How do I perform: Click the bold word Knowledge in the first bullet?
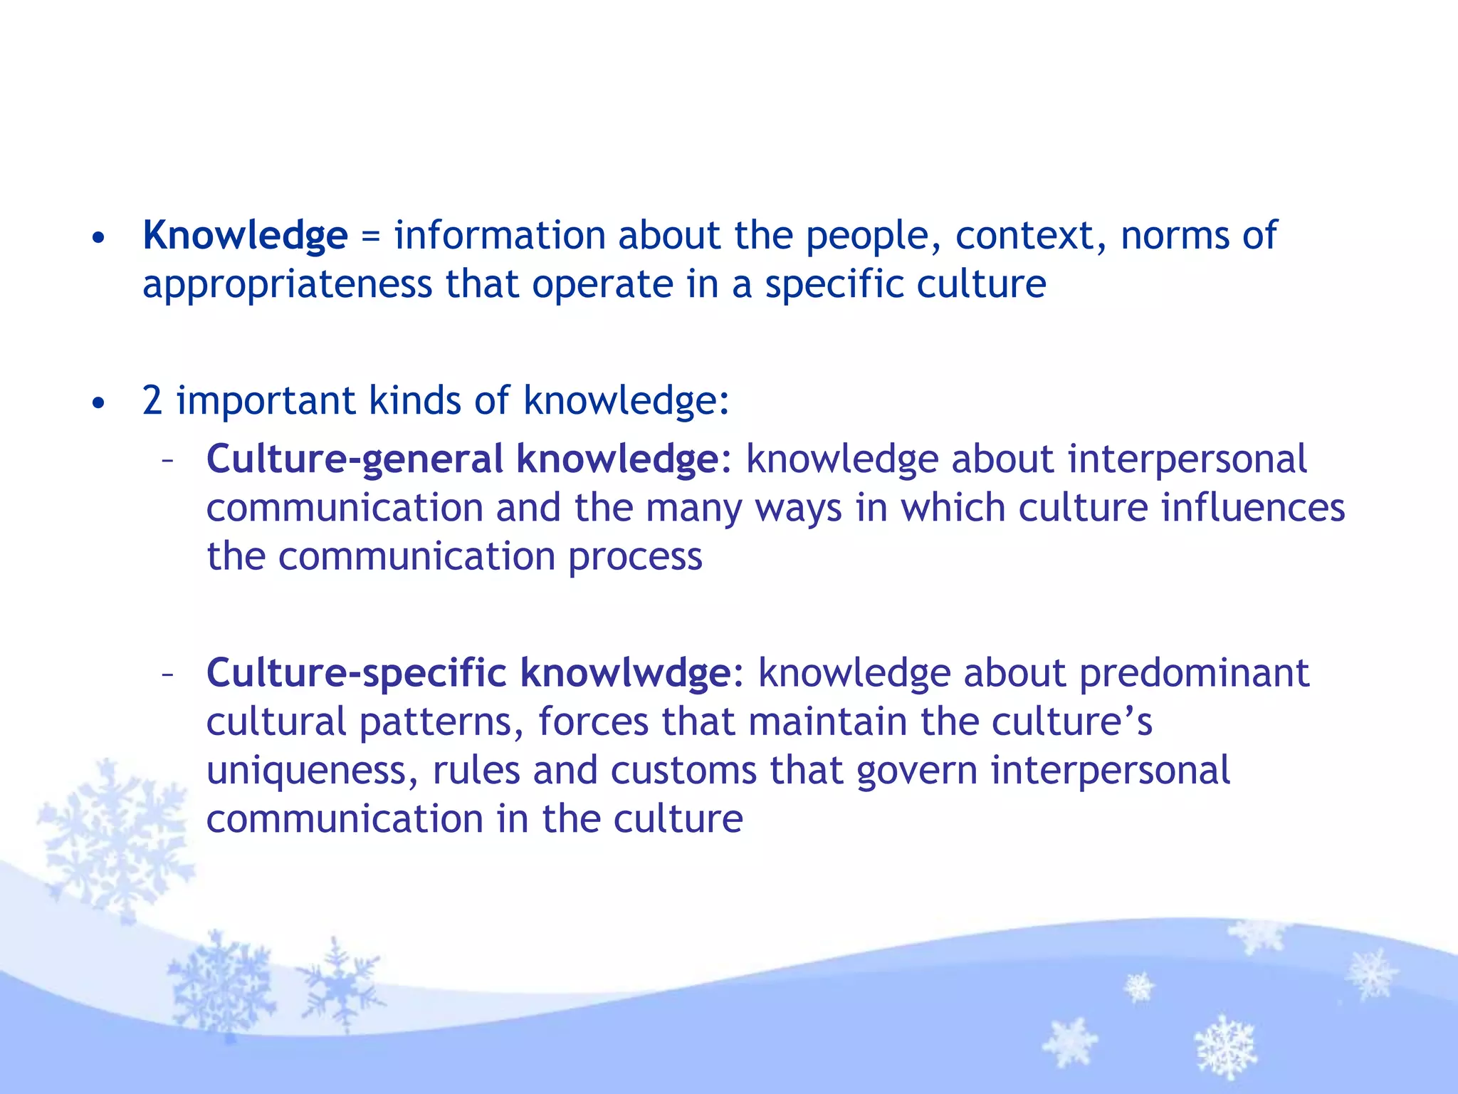point(245,236)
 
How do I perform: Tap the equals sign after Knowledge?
point(370,236)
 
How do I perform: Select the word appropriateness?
point(287,285)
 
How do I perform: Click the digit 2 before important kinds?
point(152,400)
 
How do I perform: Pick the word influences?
point(1252,509)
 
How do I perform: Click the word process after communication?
point(635,557)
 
